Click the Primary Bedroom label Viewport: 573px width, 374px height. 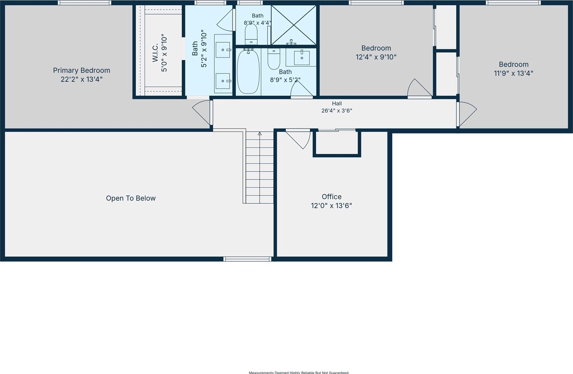pos(82,70)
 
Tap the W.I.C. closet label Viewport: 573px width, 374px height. pos(155,53)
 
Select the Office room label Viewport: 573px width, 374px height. pos(332,197)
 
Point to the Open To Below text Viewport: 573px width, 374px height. pos(131,198)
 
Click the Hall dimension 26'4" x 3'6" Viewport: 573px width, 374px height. pos(337,110)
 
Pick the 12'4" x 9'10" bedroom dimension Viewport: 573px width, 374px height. pos(376,57)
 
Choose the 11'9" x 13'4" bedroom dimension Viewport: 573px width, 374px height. pos(514,73)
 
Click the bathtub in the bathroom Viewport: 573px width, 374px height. pos(248,71)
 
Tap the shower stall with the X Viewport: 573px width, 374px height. pos(294,25)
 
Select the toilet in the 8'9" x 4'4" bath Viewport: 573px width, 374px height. pos(251,34)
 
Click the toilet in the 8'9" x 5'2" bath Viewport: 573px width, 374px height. pos(274,59)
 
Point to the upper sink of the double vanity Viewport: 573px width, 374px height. pos(223,50)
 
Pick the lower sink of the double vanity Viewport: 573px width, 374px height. pos(223,81)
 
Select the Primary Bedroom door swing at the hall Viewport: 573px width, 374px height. pos(202,113)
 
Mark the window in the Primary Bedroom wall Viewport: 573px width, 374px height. pos(85,3)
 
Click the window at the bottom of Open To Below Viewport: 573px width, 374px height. pos(247,259)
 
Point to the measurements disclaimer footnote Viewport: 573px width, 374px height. pos(299,372)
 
